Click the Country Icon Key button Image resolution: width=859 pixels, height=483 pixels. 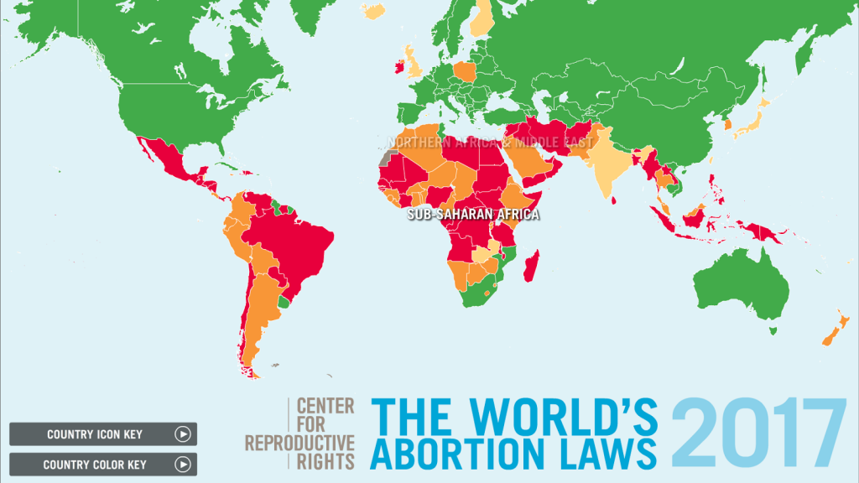94,434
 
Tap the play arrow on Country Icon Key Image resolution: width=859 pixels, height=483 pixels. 183,434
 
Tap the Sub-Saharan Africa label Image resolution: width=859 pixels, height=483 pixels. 473,215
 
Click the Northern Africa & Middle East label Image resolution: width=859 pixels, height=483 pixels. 490,143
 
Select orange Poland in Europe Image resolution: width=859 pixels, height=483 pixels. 464,71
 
